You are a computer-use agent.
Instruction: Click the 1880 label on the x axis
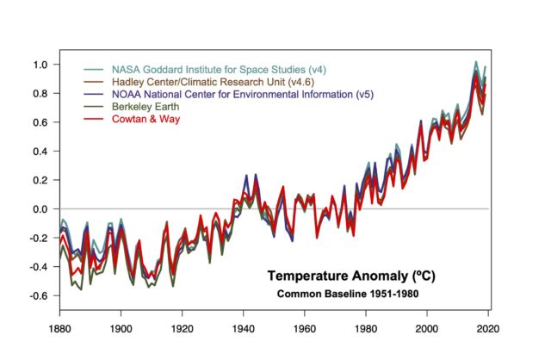tap(59, 328)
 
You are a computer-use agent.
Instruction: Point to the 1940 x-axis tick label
tap(244, 328)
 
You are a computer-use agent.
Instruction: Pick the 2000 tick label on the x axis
tap(428, 328)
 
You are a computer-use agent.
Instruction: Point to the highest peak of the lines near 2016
tap(476, 62)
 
